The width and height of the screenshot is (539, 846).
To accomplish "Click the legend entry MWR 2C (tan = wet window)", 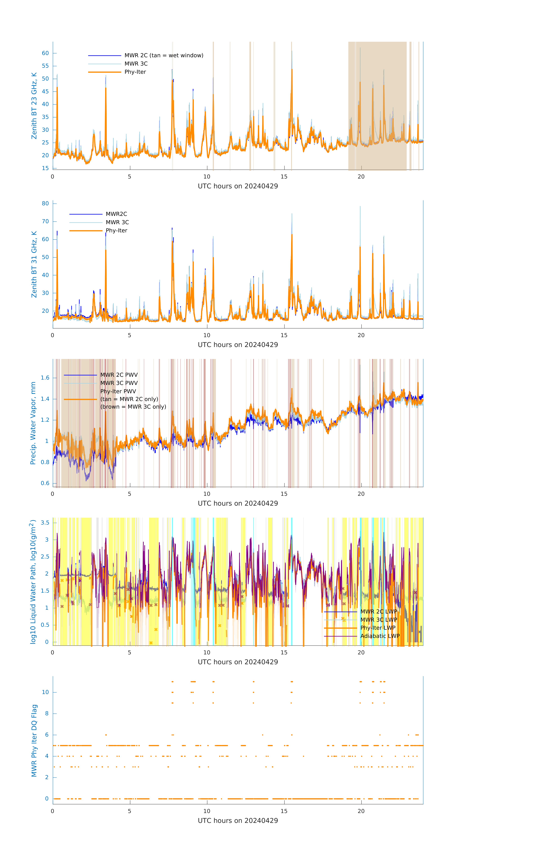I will click(x=164, y=56).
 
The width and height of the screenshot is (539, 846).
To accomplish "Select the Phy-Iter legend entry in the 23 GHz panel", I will click(x=135, y=72).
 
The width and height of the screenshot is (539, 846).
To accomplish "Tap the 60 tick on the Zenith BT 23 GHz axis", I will click(x=45, y=53).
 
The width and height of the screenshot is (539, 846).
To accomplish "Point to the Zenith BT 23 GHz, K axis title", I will click(x=34, y=106).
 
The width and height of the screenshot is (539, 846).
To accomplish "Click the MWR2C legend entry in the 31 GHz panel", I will click(x=116, y=214).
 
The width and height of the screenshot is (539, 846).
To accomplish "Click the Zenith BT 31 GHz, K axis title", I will click(x=34, y=264).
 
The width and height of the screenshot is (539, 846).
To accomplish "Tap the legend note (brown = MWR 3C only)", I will click(x=133, y=407).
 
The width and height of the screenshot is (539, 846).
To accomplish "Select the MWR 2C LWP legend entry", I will click(x=378, y=612).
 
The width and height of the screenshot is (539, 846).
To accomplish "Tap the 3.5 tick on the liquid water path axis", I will click(x=45, y=523).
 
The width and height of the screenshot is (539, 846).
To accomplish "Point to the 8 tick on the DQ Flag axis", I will click(x=47, y=714).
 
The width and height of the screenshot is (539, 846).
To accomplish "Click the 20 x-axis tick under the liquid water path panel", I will click(x=361, y=653).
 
